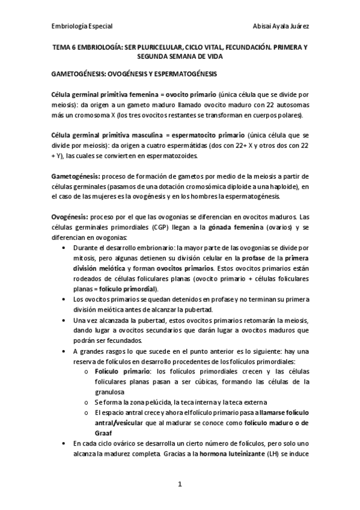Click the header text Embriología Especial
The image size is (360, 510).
click(x=82, y=26)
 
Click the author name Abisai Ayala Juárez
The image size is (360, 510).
click(x=282, y=26)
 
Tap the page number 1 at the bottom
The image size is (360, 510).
click(x=180, y=484)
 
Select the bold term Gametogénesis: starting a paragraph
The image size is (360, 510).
click(x=76, y=176)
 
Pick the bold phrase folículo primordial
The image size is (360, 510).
click(x=128, y=289)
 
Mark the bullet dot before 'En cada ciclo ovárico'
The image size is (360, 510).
click(x=64, y=443)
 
